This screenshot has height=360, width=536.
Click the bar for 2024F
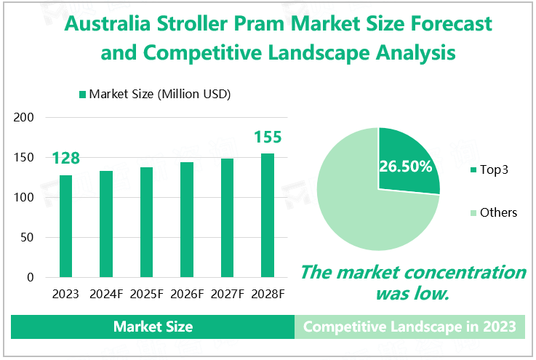pyautogui.click(x=106, y=224)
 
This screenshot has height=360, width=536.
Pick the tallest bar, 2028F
pyautogui.click(x=268, y=215)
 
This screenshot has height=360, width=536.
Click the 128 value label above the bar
pyautogui.click(x=65, y=159)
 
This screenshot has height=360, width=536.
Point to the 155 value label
pyautogui.click(x=267, y=137)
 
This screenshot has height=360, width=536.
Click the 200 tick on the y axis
pyautogui.click(x=25, y=118)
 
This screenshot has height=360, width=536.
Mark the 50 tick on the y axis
pyautogui.click(x=28, y=238)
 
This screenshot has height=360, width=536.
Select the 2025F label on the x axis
pyautogui.click(x=146, y=295)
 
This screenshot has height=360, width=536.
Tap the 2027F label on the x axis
pyautogui.click(x=227, y=295)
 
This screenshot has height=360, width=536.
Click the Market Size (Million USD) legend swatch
pyautogui.click(x=82, y=94)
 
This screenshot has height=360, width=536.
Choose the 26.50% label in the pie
pyautogui.click(x=405, y=166)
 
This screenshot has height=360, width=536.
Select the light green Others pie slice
pyautogui.click(x=356, y=211)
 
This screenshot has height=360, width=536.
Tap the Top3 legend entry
pyautogui.click(x=494, y=170)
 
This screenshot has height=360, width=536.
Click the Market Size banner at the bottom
pyautogui.click(x=153, y=327)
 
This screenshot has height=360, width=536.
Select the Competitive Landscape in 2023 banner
pyautogui.click(x=409, y=327)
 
